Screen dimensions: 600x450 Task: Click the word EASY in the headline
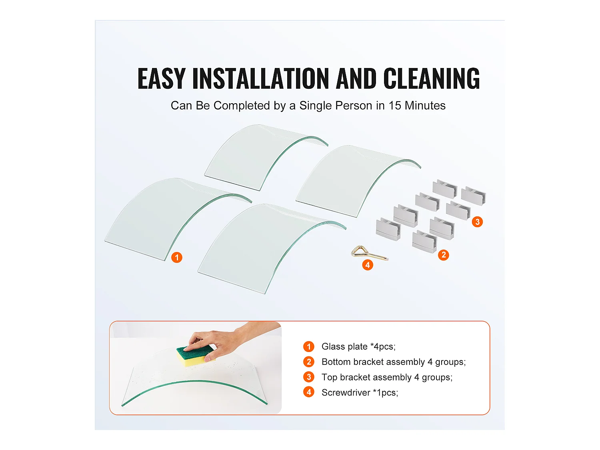(162, 78)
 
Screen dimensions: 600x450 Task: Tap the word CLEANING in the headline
(432, 78)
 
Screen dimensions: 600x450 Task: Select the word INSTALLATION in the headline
(261, 78)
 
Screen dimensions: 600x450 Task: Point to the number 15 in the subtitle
(394, 106)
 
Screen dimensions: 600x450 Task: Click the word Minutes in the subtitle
(425, 106)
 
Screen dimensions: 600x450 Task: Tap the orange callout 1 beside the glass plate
(177, 257)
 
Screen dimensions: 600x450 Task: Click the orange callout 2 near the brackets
(443, 255)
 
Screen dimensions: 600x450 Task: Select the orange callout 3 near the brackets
(477, 222)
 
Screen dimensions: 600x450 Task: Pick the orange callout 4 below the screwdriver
(368, 265)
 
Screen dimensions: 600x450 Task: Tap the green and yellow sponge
(195, 356)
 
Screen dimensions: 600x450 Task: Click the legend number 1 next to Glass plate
(309, 346)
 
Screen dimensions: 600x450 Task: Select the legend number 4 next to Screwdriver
(309, 392)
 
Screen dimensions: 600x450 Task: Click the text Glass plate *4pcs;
(358, 346)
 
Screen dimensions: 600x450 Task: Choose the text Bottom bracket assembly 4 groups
(393, 362)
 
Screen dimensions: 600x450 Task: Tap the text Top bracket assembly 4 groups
(387, 377)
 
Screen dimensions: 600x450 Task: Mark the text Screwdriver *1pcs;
(360, 392)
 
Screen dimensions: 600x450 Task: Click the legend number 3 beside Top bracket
(309, 377)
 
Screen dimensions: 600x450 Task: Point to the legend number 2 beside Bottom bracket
(309, 362)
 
